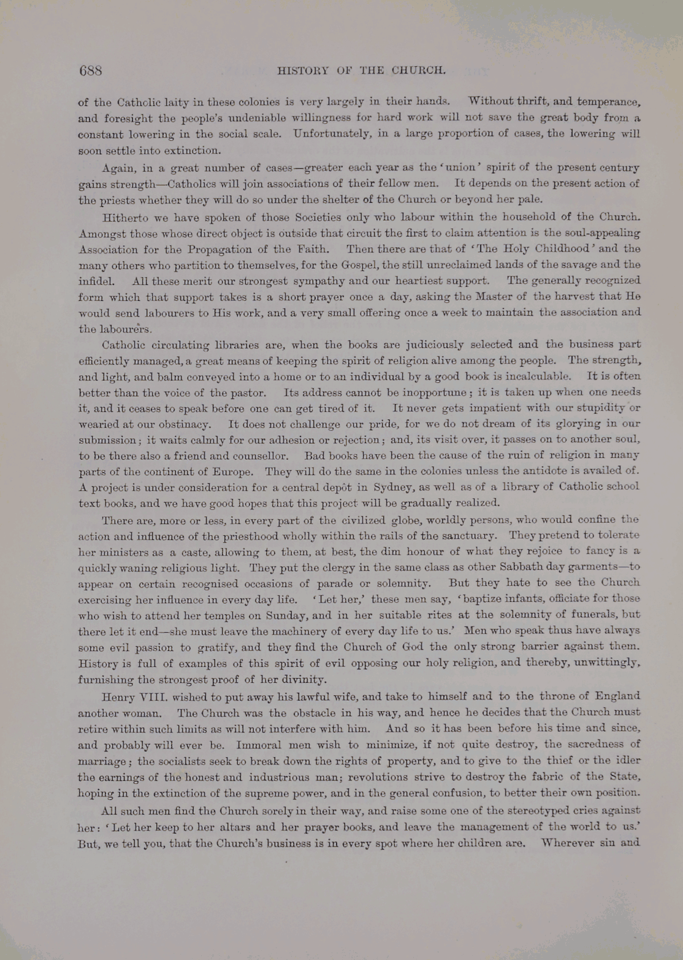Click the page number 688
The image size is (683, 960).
pyautogui.click(x=90, y=70)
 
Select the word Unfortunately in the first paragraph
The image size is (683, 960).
pyautogui.click(x=324, y=134)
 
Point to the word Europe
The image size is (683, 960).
pyautogui.click(x=231, y=472)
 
